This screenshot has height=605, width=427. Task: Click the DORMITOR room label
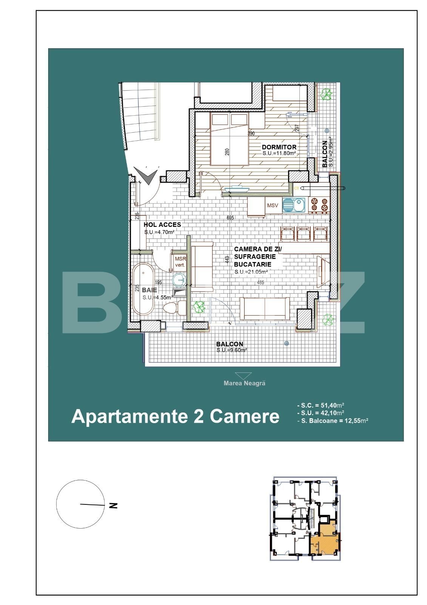coord(279,147)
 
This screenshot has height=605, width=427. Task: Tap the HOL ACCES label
coord(162,225)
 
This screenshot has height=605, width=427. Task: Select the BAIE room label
coord(150,290)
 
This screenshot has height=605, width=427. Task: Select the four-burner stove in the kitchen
coord(319,205)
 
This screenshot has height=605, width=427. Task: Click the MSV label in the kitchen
coord(272,206)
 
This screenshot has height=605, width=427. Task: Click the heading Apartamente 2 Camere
coord(175,416)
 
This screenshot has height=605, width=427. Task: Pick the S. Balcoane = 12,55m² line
coord(333,420)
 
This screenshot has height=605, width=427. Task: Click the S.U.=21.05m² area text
coord(251,272)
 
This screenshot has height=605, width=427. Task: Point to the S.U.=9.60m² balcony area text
coord(231,351)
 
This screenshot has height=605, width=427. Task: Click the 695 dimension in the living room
coord(230,218)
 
